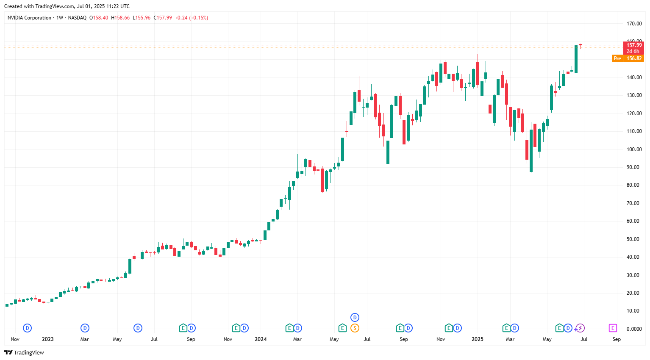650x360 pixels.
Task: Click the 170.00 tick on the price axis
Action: [x=634, y=24]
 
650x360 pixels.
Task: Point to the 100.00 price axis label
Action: [x=634, y=150]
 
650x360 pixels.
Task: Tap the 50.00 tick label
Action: [x=634, y=239]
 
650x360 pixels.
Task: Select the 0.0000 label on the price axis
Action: [x=634, y=329]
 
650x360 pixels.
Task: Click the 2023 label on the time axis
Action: [x=48, y=339]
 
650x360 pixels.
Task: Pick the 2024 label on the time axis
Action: [x=261, y=339]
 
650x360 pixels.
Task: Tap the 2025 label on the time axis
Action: [x=478, y=339]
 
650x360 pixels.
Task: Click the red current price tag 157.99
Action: [x=634, y=45]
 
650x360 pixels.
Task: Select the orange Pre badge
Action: [x=617, y=58]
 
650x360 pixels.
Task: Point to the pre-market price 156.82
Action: [x=634, y=58]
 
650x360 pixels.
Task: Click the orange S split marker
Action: [x=355, y=328]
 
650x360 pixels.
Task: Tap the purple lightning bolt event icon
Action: [x=580, y=328]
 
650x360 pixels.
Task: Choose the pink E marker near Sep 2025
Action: [x=613, y=328]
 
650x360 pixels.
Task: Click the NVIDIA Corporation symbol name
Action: [x=29, y=18]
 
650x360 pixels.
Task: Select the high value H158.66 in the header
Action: [x=120, y=18]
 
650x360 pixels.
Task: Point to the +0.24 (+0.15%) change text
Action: [x=192, y=18]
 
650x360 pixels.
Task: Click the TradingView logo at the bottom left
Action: [x=24, y=352]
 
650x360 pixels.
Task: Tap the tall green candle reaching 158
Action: [x=576, y=59]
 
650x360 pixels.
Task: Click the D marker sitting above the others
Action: [x=355, y=317]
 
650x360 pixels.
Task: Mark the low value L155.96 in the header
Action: [x=142, y=18]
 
